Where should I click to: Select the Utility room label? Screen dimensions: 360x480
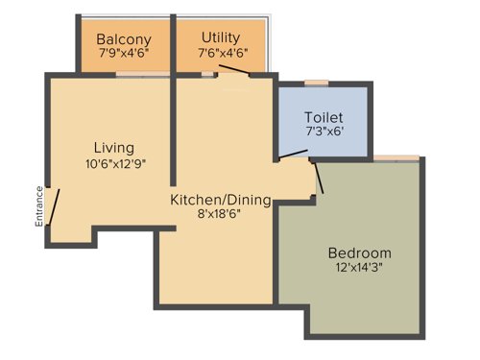click(220, 37)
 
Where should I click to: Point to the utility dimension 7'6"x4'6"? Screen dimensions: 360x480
click(220, 53)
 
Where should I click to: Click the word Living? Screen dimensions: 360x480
click(113, 148)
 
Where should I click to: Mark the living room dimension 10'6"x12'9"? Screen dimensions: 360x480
click(115, 163)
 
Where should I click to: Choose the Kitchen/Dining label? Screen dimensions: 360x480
click(220, 201)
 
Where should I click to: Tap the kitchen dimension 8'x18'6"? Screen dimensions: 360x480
click(220, 216)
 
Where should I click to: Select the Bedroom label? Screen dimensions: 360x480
click(360, 252)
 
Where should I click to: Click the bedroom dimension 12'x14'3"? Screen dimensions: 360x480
click(360, 269)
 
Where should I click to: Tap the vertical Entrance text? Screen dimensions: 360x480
click(39, 205)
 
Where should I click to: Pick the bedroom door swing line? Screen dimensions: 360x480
click(320, 179)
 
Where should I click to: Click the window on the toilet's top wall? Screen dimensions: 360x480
click(316, 84)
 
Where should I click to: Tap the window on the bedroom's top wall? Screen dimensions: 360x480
click(396, 157)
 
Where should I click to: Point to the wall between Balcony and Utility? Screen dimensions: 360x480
click(173, 43)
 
